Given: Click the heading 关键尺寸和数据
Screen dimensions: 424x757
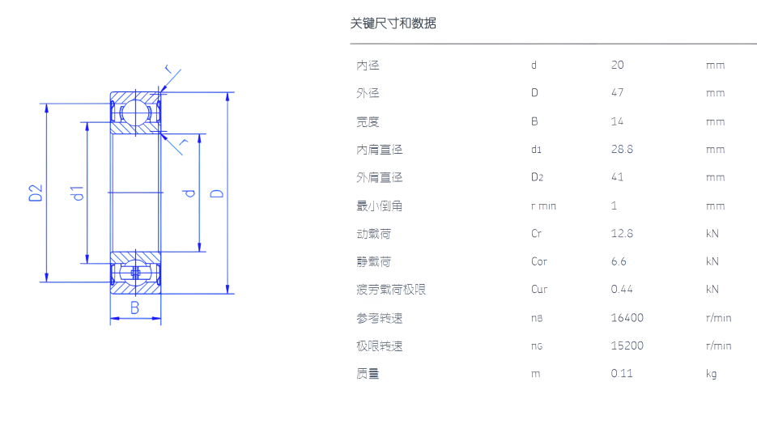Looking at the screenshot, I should (393, 23).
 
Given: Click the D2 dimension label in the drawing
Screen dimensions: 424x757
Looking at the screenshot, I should (36, 193).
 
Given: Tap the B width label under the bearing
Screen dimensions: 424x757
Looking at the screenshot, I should (135, 307).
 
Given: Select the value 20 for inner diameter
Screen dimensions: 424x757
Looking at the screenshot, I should (618, 66).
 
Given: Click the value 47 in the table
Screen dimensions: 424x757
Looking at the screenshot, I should (618, 93).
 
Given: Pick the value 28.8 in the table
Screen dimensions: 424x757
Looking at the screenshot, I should (622, 150).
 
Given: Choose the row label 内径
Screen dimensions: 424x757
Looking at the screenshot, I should (368, 66).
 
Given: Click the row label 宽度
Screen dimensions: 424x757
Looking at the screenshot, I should (368, 122).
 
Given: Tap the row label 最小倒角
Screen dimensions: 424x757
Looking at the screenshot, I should (379, 206).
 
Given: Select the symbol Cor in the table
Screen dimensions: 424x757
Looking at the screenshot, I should (539, 262).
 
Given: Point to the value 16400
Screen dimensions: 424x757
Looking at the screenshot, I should (627, 318).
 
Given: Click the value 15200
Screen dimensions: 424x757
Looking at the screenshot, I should (627, 346).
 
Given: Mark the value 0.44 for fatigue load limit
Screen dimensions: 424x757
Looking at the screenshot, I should (622, 290).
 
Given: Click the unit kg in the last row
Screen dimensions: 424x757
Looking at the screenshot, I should (711, 374).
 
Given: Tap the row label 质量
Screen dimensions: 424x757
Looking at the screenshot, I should (368, 374).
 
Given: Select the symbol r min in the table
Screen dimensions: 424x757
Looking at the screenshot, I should (543, 206).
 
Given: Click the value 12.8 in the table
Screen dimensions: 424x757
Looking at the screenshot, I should (622, 234).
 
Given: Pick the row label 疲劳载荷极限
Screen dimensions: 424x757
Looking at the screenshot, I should (391, 290).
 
